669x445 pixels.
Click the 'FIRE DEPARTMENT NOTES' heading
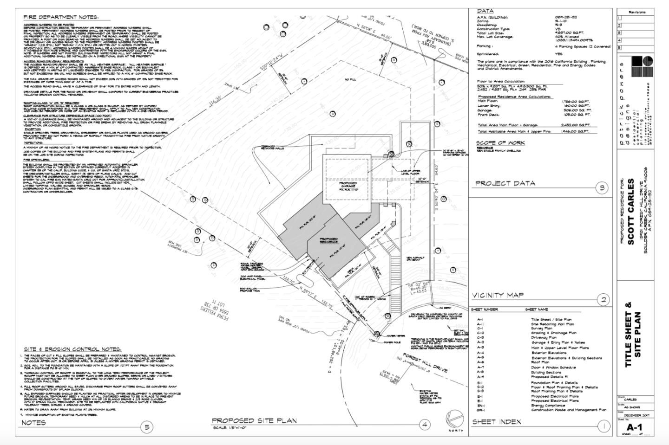pyautogui.click(x=61, y=17)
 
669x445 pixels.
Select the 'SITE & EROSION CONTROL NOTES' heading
pyautogui.click(x=72, y=349)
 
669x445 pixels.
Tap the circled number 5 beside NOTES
pyautogui.click(x=147, y=426)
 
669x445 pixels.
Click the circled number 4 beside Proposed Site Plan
pyautogui.click(x=424, y=424)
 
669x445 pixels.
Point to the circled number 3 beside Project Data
pyautogui.click(x=602, y=188)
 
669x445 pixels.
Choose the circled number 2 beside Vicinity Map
pyautogui.click(x=603, y=300)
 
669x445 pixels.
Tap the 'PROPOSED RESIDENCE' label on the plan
pyautogui.click(x=328, y=241)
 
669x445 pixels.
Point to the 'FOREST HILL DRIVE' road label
pyautogui.click(x=425, y=363)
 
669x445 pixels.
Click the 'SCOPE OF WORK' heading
pyautogui.click(x=500, y=143)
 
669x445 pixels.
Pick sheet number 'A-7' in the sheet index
pyautogui.click(x=480, y=367)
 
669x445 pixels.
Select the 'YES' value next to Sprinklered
pyautogui.click(x=558, y=54)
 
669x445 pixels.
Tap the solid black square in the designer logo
pyautogui.click(x=635, y=61)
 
